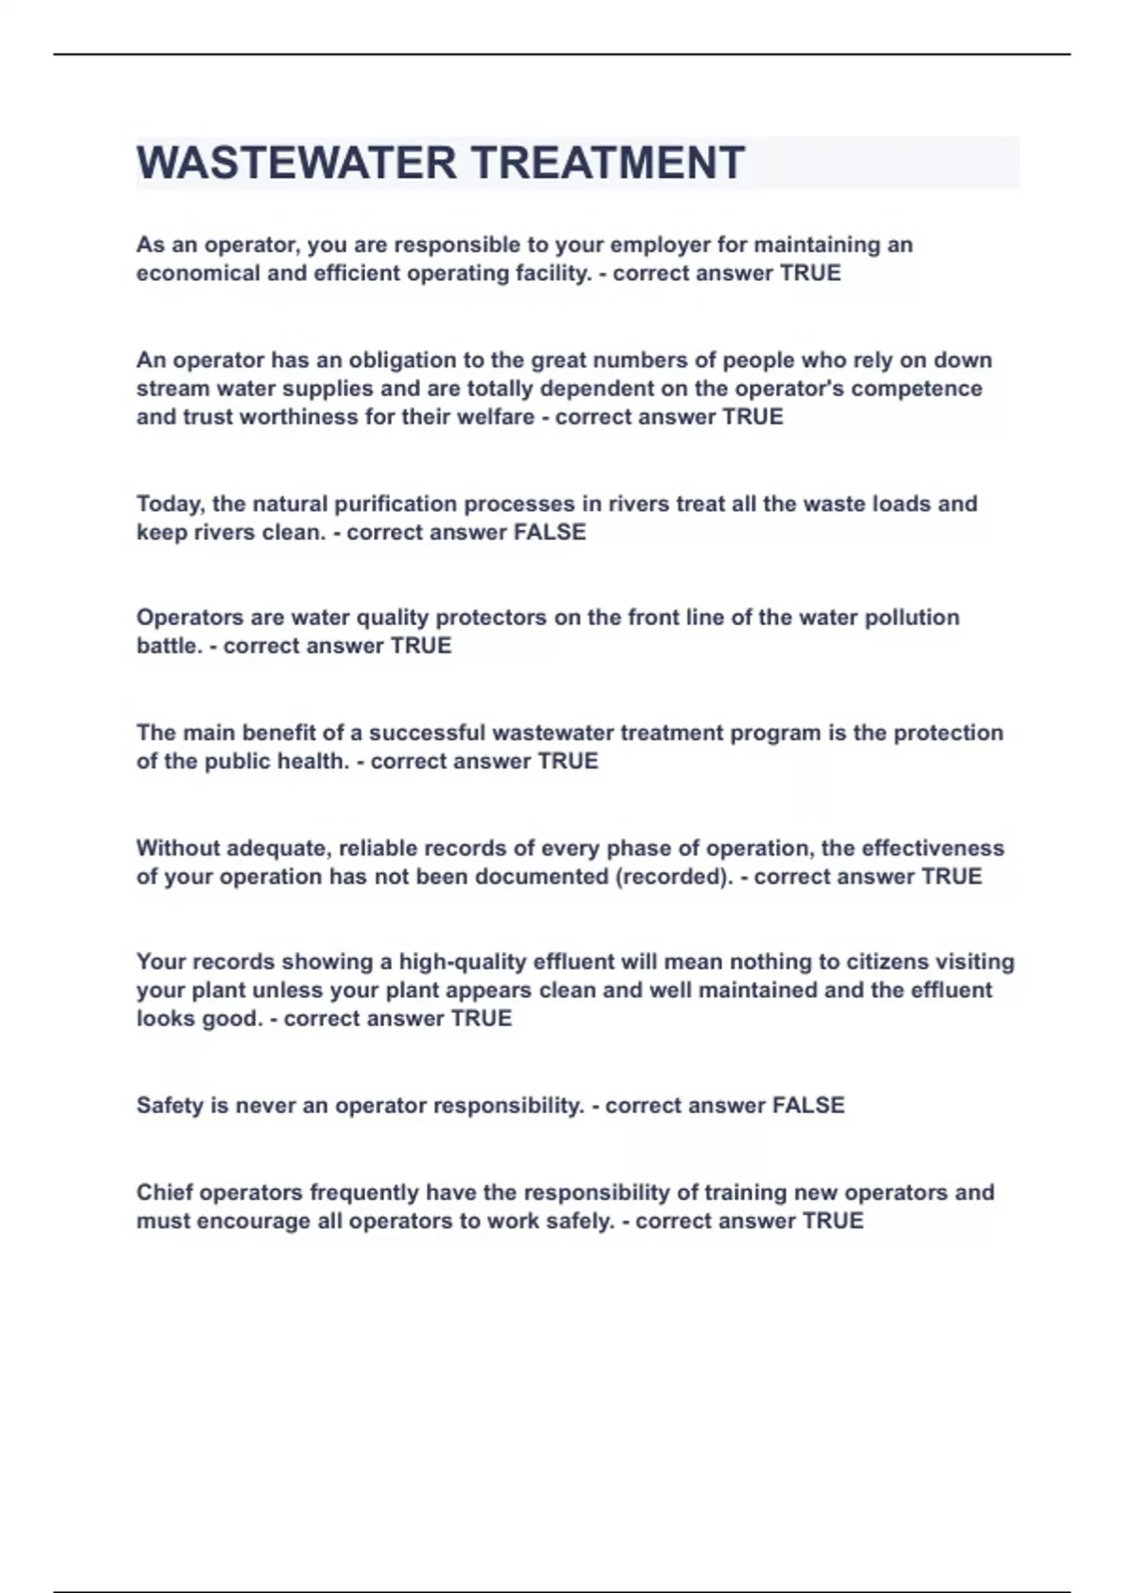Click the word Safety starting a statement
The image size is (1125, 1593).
point(170,1106)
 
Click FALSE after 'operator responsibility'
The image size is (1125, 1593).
point(808,1106)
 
